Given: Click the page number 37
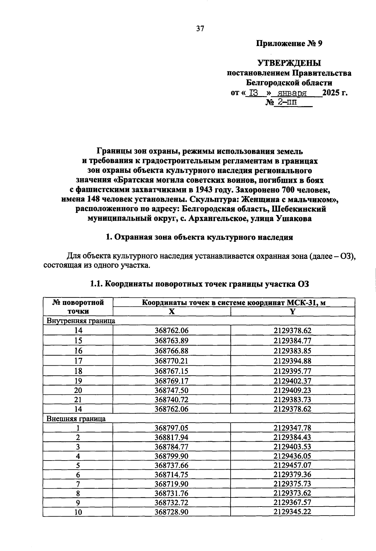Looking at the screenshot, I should pos(200,29).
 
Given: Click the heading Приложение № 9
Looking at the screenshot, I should pos(289,44).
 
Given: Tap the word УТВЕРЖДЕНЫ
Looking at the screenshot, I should pos(289,63).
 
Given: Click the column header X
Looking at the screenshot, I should pos(171,312).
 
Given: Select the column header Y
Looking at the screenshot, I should pos(292,312).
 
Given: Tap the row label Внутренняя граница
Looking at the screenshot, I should pos(81,321).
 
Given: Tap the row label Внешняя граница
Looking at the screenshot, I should pos(76,419).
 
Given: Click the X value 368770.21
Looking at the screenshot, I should pos(171,361).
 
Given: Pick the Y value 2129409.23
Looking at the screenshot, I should pos(292,390).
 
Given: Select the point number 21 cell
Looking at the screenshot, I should pos(78,399).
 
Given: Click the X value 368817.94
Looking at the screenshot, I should pos(171,437).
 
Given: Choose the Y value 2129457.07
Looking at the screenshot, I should pos(292,465).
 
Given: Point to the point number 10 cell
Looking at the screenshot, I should pos(78,512).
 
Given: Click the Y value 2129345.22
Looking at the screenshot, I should pos(292,512).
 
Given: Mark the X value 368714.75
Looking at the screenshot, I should pos(171,475).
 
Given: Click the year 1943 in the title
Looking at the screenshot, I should pos(205,190).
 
